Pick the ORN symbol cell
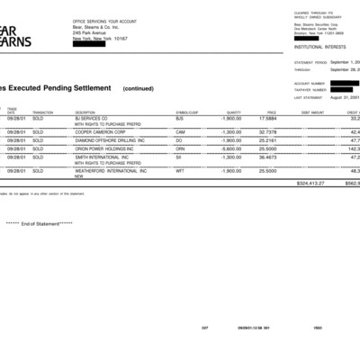[179, 148]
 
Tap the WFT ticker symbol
[179, 170]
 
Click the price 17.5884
[267, 118]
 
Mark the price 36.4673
[267, 157]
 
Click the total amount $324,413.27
[309, 183]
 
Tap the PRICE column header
[271, 112]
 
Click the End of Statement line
[40, 223]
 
